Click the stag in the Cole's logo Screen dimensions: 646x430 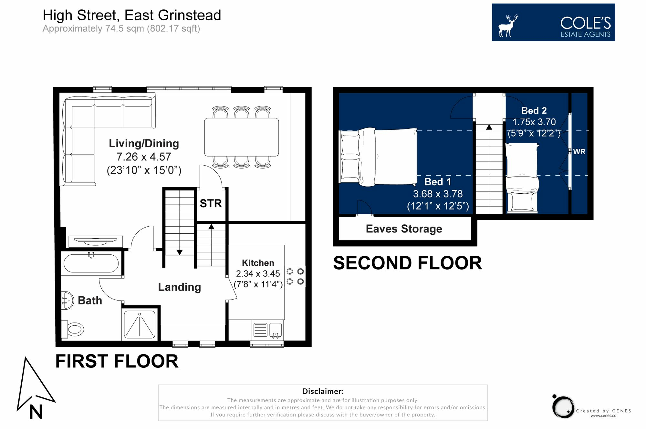click(x=508, y=26)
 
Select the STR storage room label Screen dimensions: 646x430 click(x=211, y=203)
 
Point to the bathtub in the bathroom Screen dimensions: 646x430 click(x=91, y=263)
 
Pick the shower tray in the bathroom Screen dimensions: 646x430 click(x=140, y=324)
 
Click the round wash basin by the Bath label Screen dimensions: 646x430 click(x=68, y=300)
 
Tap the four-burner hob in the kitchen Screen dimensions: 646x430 click(x=295, y=276)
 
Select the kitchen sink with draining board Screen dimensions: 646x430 click(x=267, y=330)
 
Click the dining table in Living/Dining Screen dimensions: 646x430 click(x=241, y=137)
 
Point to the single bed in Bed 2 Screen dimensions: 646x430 click(x=522, y=178)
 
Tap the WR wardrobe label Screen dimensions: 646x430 click(x=579, y=152)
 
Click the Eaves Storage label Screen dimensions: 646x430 click(x=404, y=229)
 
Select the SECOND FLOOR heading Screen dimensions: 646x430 click(x=407, y=263)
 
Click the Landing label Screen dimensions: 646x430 click(x=179, y=287)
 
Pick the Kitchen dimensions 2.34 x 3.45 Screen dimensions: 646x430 click(x=258, y=273)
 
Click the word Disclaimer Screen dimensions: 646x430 click(x=323, y=391)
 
